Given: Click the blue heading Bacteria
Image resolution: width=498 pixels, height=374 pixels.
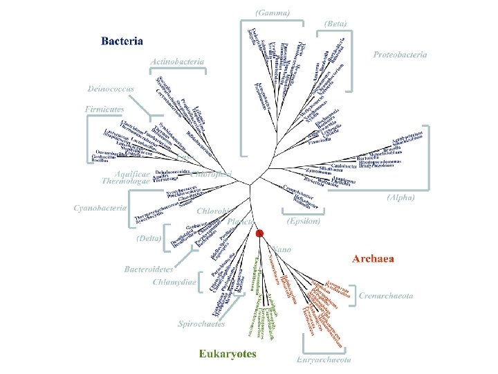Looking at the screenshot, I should pyautogui.click(x=122, y=41).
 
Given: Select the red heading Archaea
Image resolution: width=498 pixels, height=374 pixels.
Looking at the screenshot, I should pyautogui.click(x=373, y=259).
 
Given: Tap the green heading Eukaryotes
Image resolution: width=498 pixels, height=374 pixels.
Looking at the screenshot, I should pyautogui.click(x=228, y=354).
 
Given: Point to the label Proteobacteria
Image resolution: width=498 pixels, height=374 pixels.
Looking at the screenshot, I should pyautogui.click(x=400, y=55).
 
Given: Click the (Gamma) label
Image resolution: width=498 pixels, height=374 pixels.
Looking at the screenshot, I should pyautogui.click(x=273, y=12).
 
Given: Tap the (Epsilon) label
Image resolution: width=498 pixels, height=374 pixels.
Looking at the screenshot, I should pyautogui.click(x=303, y=222).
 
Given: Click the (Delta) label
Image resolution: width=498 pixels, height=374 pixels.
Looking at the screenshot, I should pyautogui.click(x=147, y=238).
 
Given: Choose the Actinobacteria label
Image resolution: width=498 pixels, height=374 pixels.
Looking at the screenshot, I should pyautogui.click(x=178, y=62).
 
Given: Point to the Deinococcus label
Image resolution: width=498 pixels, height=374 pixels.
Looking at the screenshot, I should pyautogui.click(x=111, y=89).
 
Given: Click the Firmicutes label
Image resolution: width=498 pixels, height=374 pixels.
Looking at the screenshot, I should pyautogui.click(x=104, y=109).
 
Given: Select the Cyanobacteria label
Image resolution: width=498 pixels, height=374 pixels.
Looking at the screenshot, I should pyautogui.click(x=100, y=207).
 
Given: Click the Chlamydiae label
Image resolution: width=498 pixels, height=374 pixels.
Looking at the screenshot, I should pyautogui.click(x=174, y=282).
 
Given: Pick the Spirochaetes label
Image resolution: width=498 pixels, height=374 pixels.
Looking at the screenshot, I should pyautogui.click(x=201, y=323).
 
